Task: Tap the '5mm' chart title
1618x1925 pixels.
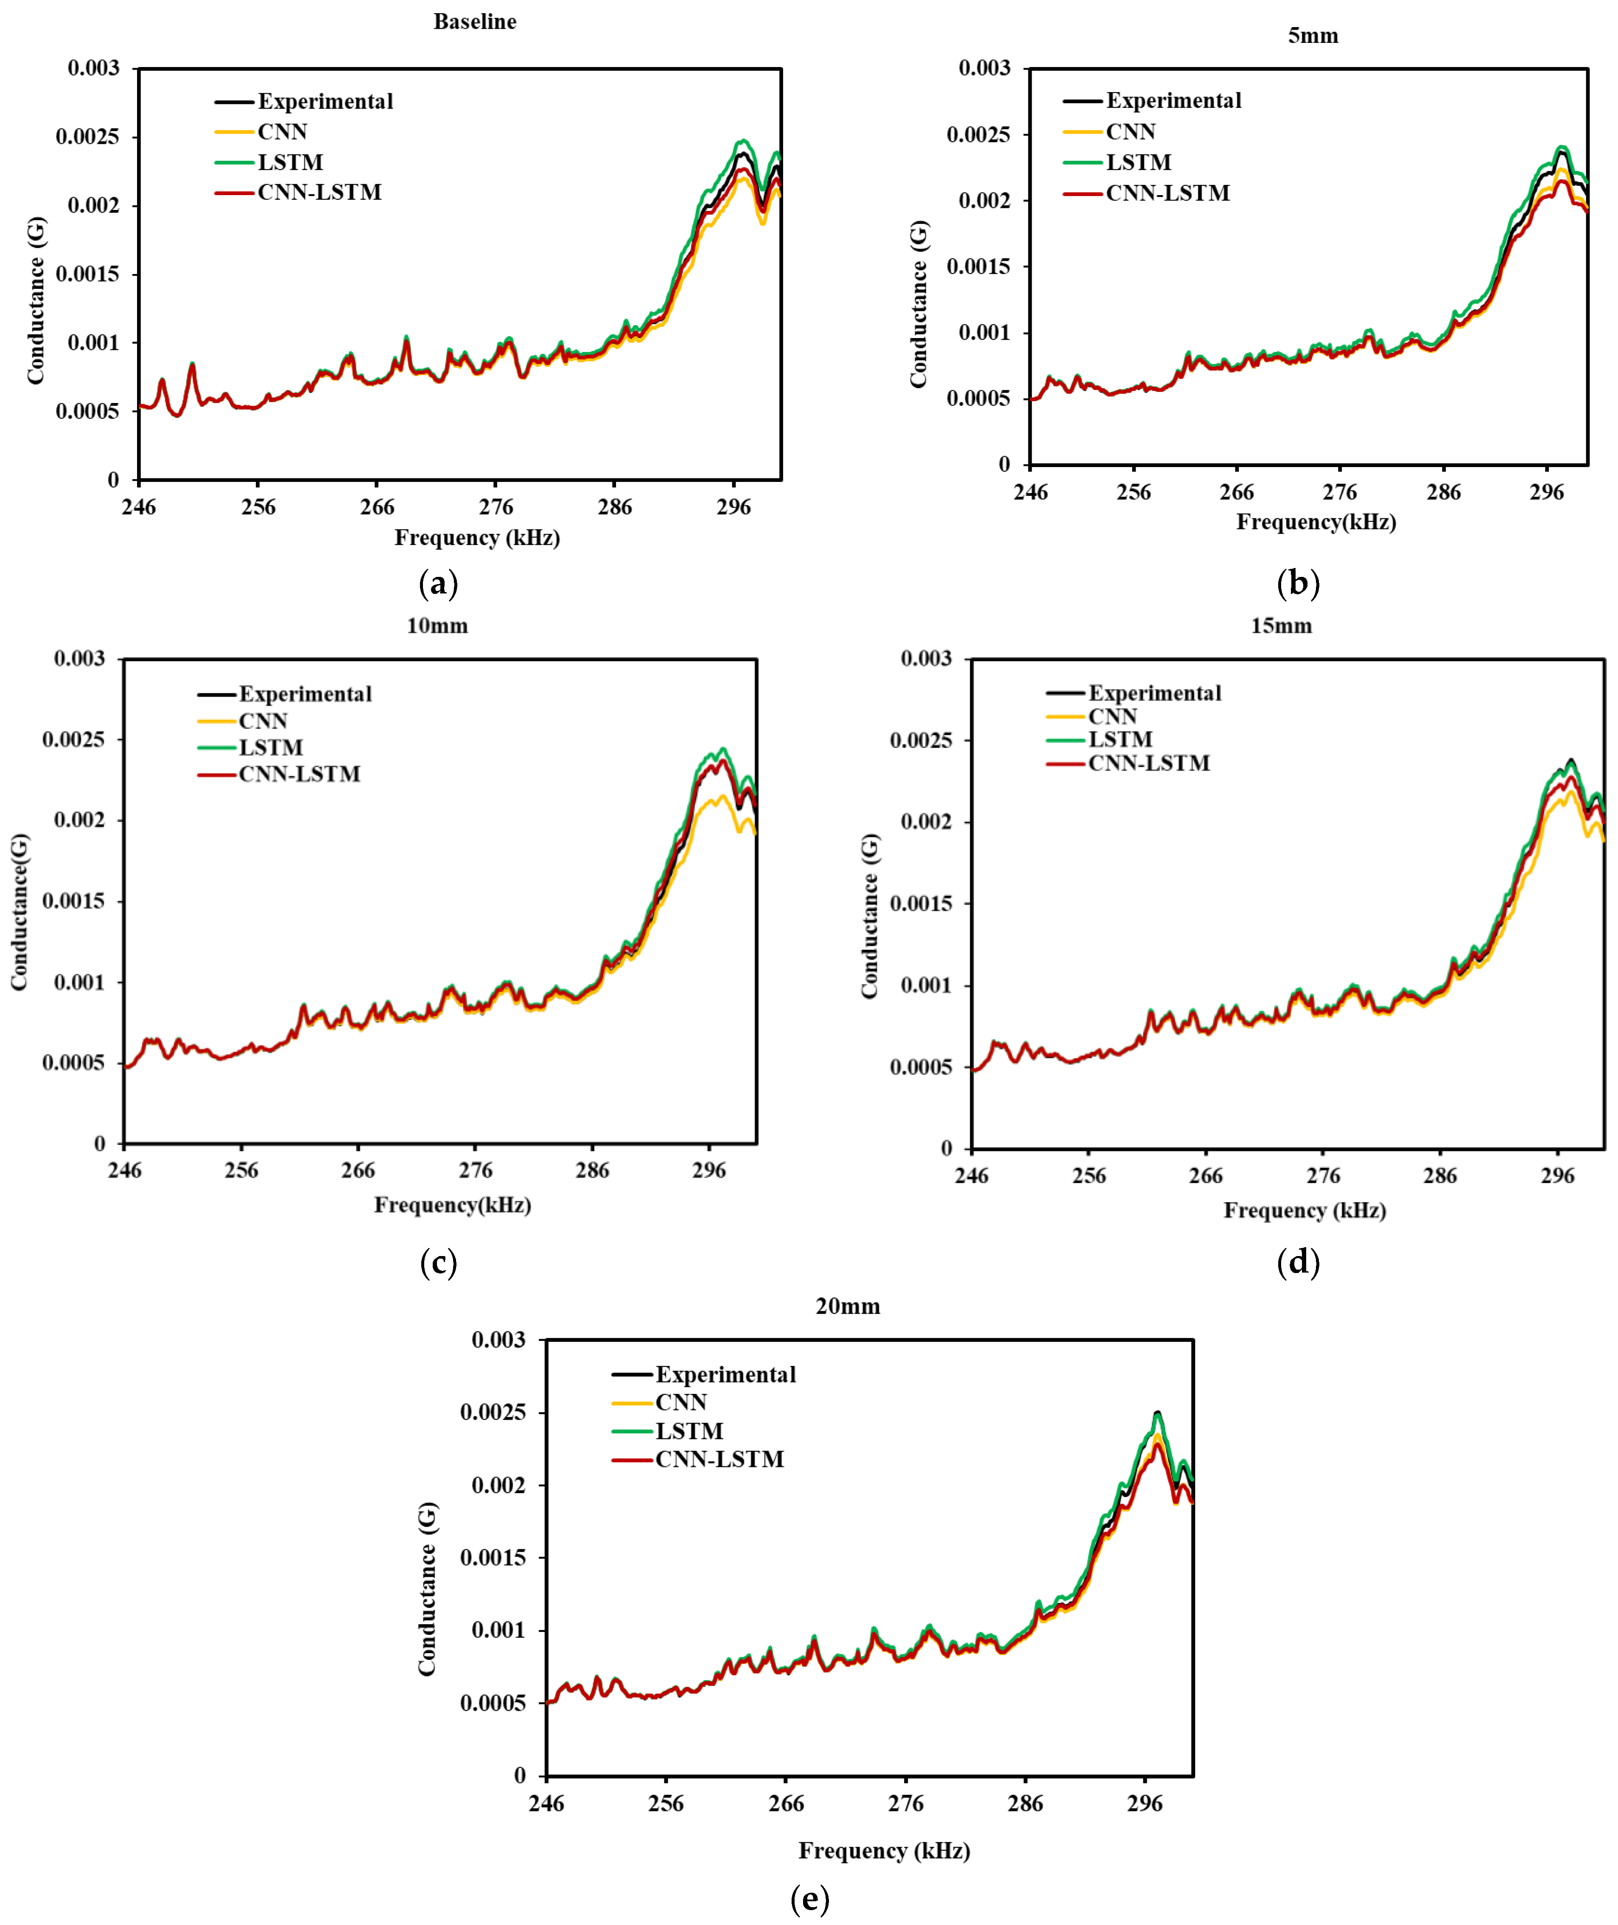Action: [1313, 36]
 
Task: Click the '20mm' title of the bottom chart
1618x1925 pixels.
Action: [848, 1306]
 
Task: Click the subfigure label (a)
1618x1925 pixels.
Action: [437, 583]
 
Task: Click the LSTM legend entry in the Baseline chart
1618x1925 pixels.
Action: [290, 162]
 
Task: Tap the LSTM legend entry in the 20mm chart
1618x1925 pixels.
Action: [689, 1431]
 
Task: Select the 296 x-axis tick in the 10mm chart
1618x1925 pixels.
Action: [708, 1170]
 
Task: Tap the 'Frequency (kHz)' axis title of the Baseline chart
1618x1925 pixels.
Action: [477, 537]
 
